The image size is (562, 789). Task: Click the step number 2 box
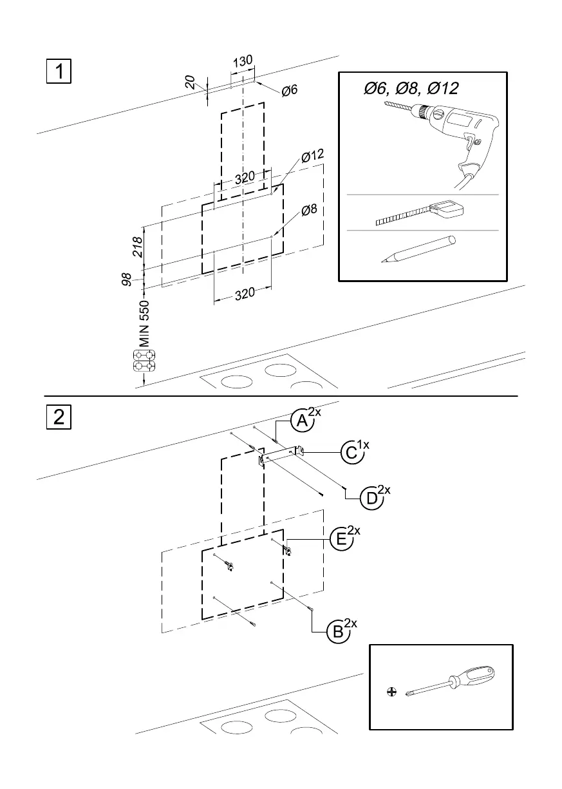(x=58, y=417)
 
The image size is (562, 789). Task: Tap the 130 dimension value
(x=242, y=62)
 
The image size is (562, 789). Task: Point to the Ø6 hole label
(x=289, y=90)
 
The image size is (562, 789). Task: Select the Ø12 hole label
(x=312, y=157)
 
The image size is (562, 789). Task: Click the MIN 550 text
(x=144, y=323)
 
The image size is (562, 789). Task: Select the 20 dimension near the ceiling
(x=190, y=82)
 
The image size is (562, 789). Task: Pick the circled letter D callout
(x=371, y=499)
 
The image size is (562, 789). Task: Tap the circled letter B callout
(x=337, y=632)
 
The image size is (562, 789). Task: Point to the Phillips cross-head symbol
(x=391, y=692)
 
